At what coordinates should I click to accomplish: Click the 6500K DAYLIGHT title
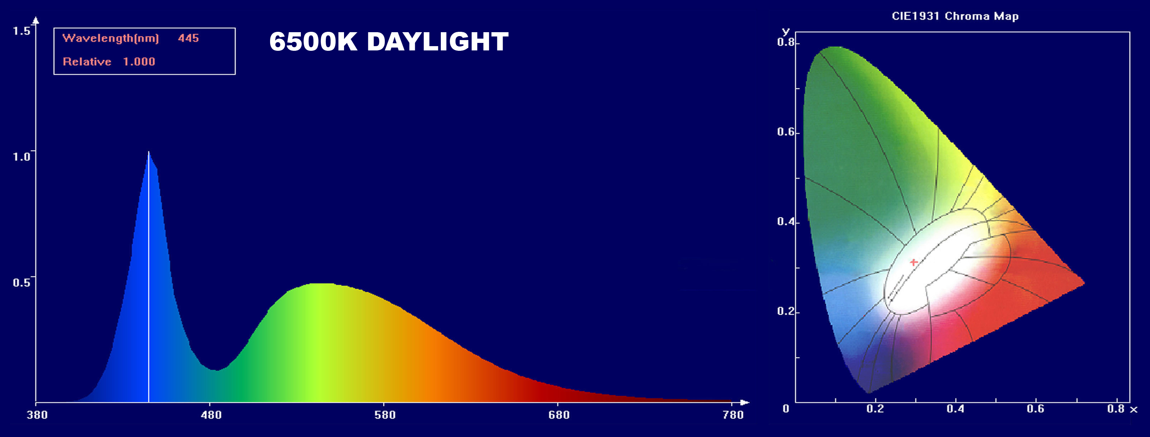pyautogui.click(x=389, y=42)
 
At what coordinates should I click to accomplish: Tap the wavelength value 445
pyautogui.click(x=188, y=38)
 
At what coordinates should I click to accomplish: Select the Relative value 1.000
pyautogui.click(x=139, y=62)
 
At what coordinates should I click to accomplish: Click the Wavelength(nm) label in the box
pyautogui.click(x=111, y=38)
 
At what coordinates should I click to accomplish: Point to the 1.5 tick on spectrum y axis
pyautogui.click(x=21, y=31)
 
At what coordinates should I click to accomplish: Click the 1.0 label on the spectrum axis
pyautogui.click(x=21, y=157)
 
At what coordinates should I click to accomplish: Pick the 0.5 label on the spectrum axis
pyautogui.click(x=21, y=283)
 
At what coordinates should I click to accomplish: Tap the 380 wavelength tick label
pyautogui.click(x=37, y=415)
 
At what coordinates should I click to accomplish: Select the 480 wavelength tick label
pyautogui.click(x=211, y=415)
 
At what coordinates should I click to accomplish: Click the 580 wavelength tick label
pyautogui.click(x=385, y=415)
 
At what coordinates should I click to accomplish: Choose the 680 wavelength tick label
pyautogui.click(x=559, y=415)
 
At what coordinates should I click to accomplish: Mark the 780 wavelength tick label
pyautogui.click(x=733, y=415)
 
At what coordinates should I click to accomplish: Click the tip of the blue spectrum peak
pyautogui.click(x=149, y=152)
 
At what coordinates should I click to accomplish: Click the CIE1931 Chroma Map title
pyautogui.click(x=955, y=16)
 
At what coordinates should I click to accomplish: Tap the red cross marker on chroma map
pyautogui.click(x=913, y=262)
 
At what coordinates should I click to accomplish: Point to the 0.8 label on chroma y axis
pyautogui.click(x=786, y=43)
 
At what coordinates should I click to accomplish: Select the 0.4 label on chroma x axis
pyautogui.click(x=955, y=409)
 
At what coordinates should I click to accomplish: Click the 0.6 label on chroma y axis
pyautogui.click(x=786, y=132)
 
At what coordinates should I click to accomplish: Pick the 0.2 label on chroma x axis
pyautogui.click(x=875, y=409)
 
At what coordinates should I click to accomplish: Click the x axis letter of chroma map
pyautogui.click(x=1134, y=410)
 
